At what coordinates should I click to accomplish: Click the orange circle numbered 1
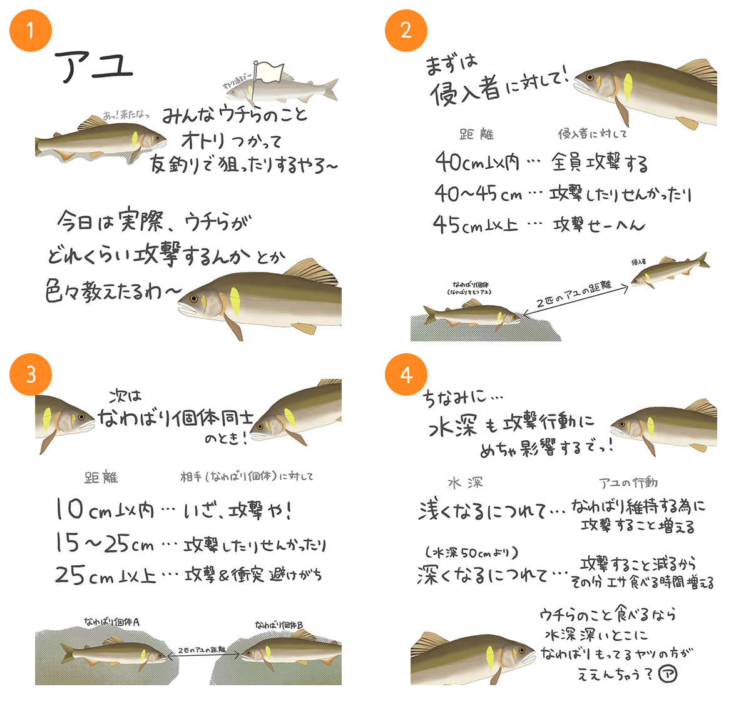pyautogui.click(x=30, y=30)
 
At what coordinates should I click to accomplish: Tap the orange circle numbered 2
pyautogui.click(x=406, y=30)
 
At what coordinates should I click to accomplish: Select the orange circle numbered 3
pyautogui.click(x=30, y=375)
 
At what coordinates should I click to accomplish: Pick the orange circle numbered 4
pyautogui.click(x=406, y=375)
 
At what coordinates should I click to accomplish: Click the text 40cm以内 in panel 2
pyautogui.click(x=477, y=163)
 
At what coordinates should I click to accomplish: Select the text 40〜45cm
pyautogui.click(x=478, y=194)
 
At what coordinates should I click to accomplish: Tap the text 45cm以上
pyautogui.click(x=476, y=224)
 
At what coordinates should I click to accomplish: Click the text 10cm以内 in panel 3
pyautogui.click(x=104, y=510)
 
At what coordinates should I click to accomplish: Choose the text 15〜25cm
pyautogui.click(x=104, y=543)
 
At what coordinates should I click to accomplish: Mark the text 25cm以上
pyautogui.click(x=105, y=575)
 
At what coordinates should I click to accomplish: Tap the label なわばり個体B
pyautogui.click(x=278, y=625)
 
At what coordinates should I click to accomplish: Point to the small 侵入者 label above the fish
pyautogui.click(x=638, y=262)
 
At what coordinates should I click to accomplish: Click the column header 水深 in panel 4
pyautogui.click(x=465, y=483)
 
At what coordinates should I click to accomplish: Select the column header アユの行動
pyautogui.click(x=628, y=483)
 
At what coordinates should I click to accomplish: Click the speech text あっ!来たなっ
pyautogui.click(x=126, y=115)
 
